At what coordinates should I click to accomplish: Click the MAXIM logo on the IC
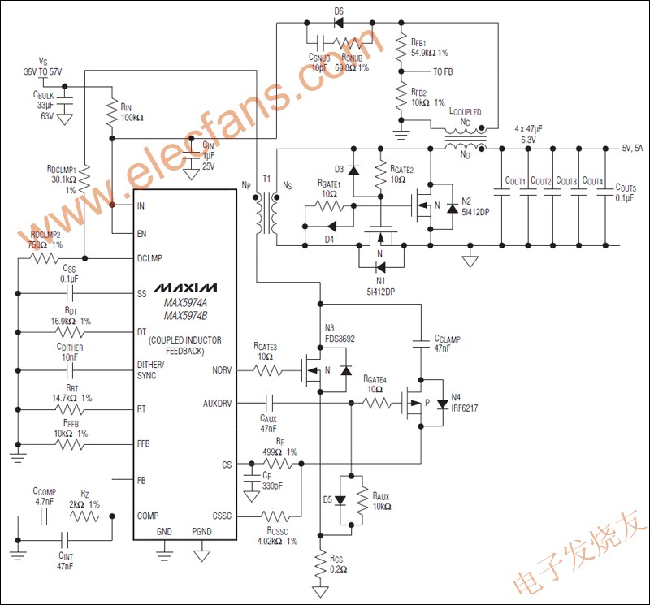point(187,288)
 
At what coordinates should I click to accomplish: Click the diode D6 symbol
point(338,24)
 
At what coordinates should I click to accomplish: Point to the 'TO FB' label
point(443,72)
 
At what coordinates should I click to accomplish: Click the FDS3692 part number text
point(340,337)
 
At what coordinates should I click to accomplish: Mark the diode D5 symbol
point(338,500)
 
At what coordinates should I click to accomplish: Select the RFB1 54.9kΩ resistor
point(400,48)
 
